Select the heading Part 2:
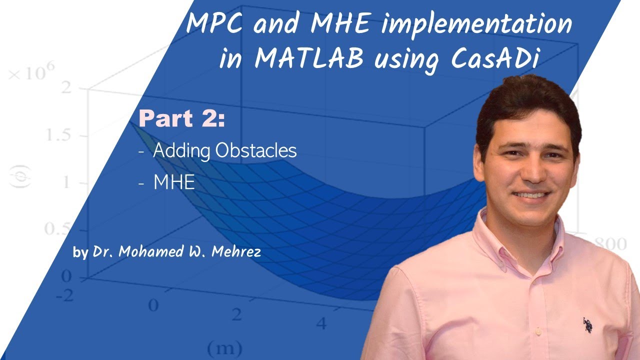coord(182,119)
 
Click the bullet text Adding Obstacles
coord(225,150)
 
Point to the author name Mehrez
coord(236,252)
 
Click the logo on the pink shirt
coord(587,325)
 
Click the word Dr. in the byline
coord(104,252)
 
